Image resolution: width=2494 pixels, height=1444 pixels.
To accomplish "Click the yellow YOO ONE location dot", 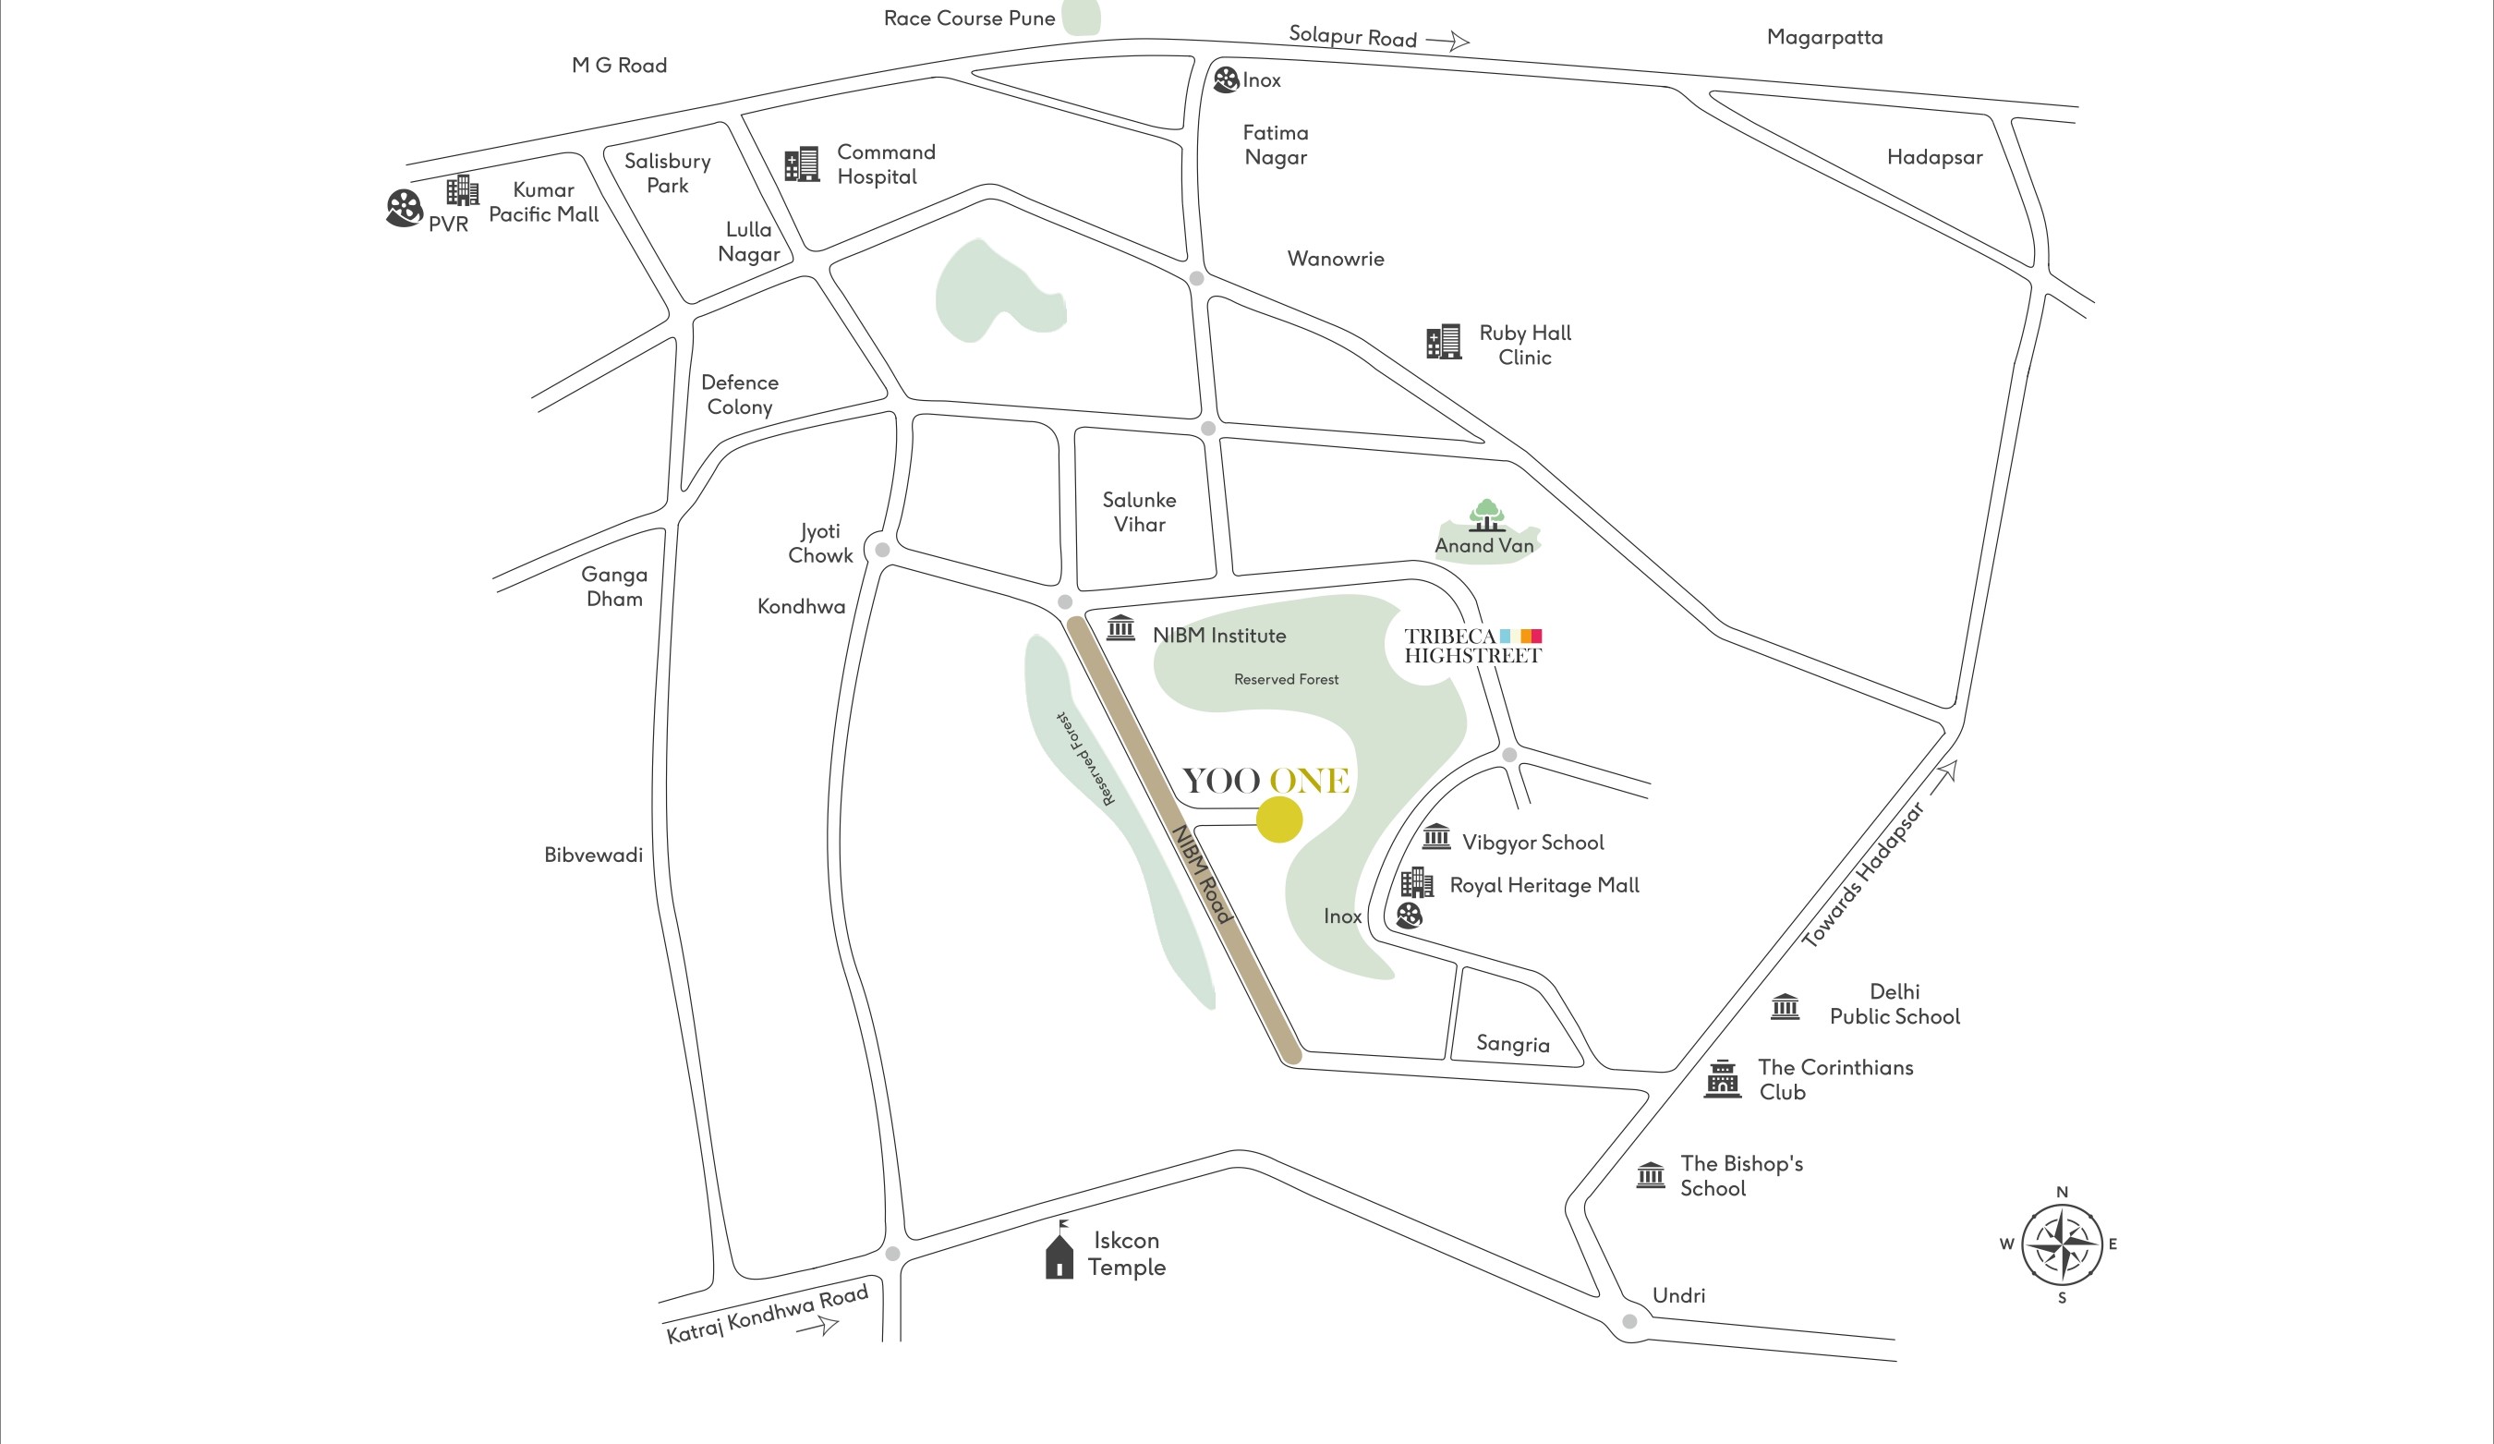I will (1278, 820).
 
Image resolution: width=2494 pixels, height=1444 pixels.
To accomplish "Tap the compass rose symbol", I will (2062, 1244).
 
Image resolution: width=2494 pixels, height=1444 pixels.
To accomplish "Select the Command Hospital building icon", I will (802, 164).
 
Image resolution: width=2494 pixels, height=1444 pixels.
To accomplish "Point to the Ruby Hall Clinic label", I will (1524, 346).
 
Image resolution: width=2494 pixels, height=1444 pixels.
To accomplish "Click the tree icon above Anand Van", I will (1486, 515).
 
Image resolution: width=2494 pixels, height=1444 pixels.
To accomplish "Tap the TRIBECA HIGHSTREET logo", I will (1472, 645).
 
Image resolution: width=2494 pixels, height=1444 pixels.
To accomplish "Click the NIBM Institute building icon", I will (1120, 627).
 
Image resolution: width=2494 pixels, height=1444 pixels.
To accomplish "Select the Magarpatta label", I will (1824, 38).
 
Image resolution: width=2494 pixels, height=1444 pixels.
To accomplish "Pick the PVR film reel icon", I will (404, 209).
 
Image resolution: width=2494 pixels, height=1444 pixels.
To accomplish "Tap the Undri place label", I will (1678, 1295).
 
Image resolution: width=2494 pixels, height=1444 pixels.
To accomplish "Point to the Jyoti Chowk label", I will (820, 543).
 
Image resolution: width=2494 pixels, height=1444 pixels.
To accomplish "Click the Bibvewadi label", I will (593, 855).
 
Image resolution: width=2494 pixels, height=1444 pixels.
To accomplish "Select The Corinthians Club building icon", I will (1722, 1079).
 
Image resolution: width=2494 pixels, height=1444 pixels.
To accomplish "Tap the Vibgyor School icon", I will (1436, 837).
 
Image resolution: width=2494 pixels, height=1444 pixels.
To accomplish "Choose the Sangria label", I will (1512, 1044).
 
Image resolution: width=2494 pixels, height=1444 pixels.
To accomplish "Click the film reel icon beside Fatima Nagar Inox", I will (1225, 79).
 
